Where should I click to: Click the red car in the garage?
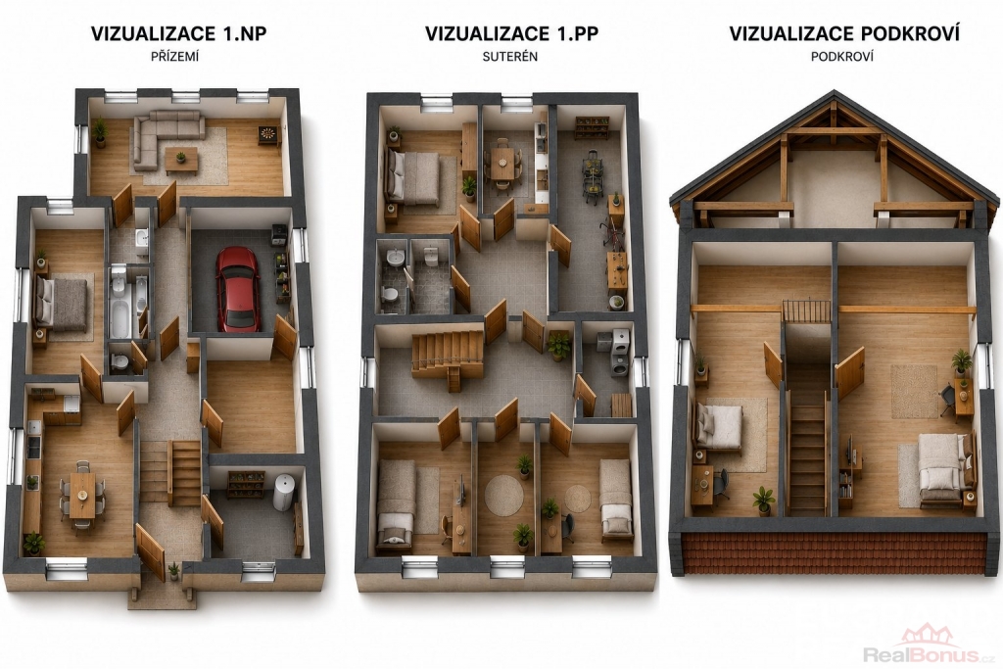coord(237,289)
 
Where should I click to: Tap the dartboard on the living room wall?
coord(266,134)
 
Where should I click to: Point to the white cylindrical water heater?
coord(284,493)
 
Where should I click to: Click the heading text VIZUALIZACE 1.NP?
coord(178,33)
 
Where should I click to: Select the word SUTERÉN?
coord(509,56)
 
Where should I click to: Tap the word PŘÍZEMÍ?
coord(174,56)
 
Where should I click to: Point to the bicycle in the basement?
coord(614,234)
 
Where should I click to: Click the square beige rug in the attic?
coord(914,391)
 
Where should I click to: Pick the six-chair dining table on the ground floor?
coord(82,495)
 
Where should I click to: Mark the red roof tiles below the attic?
coord(835,554)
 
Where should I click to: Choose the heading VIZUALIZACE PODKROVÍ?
coord(844,33)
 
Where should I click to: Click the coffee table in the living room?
coord(181,160)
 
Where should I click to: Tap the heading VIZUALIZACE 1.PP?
coord(511,33)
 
